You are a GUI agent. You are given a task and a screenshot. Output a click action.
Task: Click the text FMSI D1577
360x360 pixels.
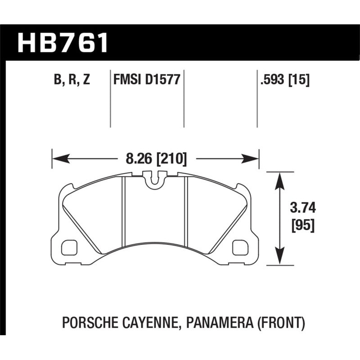click(147, 80)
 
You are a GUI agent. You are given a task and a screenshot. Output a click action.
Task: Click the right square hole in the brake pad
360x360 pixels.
click(239, 247)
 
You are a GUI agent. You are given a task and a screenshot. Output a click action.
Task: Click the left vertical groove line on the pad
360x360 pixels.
click(124, 211)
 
